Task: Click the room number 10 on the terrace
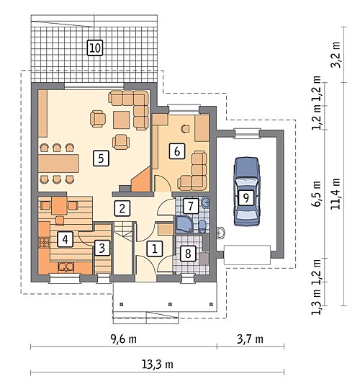click(95, 48)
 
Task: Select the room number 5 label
click(101, 158)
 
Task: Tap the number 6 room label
click(177, 151)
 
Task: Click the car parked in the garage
click(246, 191)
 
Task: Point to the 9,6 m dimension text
click(124, 339)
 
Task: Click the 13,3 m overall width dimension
click(158, 365)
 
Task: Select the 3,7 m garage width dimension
click(250, 339)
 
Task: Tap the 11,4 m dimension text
click(336, 194)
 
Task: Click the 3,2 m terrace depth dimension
click(336, 55)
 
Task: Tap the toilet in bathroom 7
click(202, 226)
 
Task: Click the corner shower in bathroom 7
click(184, 224)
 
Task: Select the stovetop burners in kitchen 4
click(45, 242)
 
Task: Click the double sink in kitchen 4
click(66, 267)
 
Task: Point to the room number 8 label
click(188, 253)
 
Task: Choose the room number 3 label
click(102, 248)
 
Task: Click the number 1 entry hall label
click(154, 249)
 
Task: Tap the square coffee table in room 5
click(121, 120)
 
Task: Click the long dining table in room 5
click(58, 164)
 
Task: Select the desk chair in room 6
click(185, 128)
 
